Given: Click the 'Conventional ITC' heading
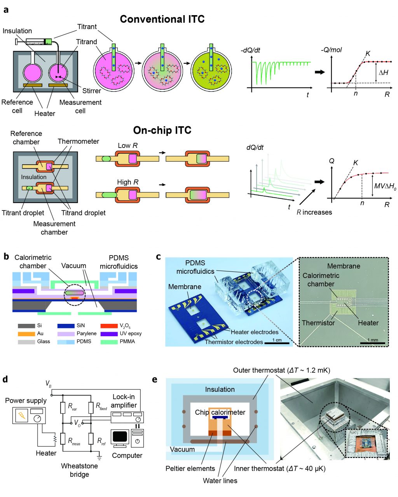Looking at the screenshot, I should (162, 19).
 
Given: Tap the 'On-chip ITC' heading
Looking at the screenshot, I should (162, 130).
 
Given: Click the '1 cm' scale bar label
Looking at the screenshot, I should (277, 340).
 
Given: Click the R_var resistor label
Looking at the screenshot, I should (72, 407).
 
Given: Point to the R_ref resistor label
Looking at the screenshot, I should (101, 441).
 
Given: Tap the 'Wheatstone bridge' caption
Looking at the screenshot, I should (79, 470).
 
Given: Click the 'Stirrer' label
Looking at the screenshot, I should (92, 91).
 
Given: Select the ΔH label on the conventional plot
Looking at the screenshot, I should (383, 73).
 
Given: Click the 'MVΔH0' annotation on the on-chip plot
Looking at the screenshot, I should (385, 186).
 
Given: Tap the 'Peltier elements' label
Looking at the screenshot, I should (190, 469).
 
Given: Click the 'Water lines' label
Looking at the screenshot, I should (220, 481).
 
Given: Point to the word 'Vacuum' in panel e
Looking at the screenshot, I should (182, 449).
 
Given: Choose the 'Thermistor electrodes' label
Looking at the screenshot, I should (234, 342).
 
